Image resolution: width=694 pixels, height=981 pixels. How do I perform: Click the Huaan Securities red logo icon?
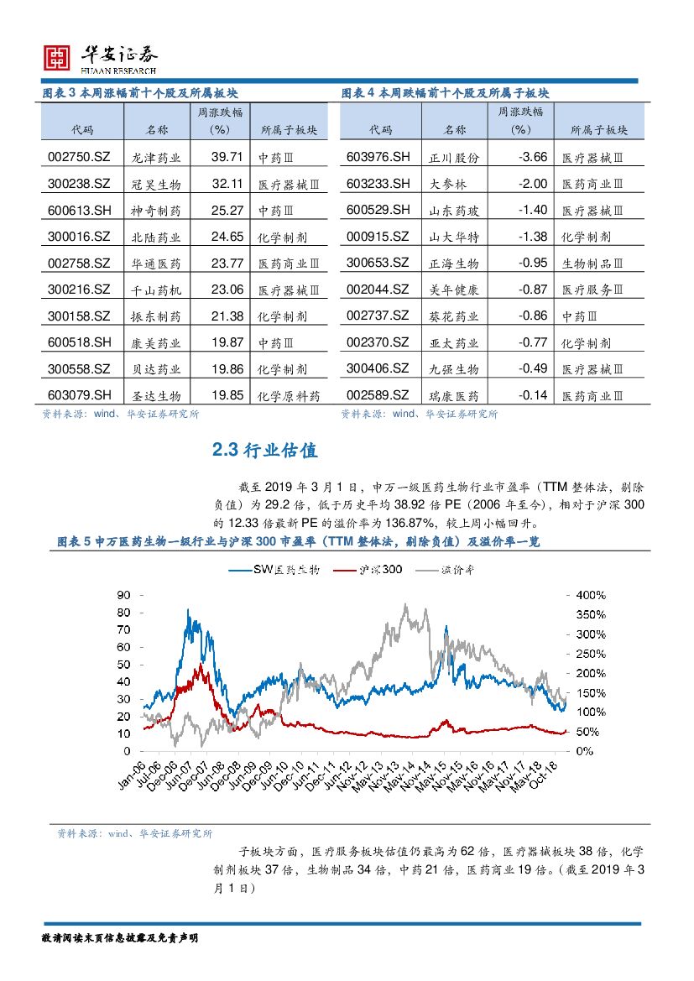56,58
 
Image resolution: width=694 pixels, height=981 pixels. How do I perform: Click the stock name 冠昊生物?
156,184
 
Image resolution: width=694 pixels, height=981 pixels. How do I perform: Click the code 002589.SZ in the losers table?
378,395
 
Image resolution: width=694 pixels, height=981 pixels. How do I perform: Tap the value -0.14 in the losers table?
532,395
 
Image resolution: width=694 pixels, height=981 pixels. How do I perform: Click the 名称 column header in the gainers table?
156,130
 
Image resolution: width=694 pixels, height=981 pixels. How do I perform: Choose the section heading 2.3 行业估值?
265,451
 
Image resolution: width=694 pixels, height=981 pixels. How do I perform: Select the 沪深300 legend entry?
368,570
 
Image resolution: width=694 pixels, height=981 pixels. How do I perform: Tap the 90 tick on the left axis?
123,594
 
